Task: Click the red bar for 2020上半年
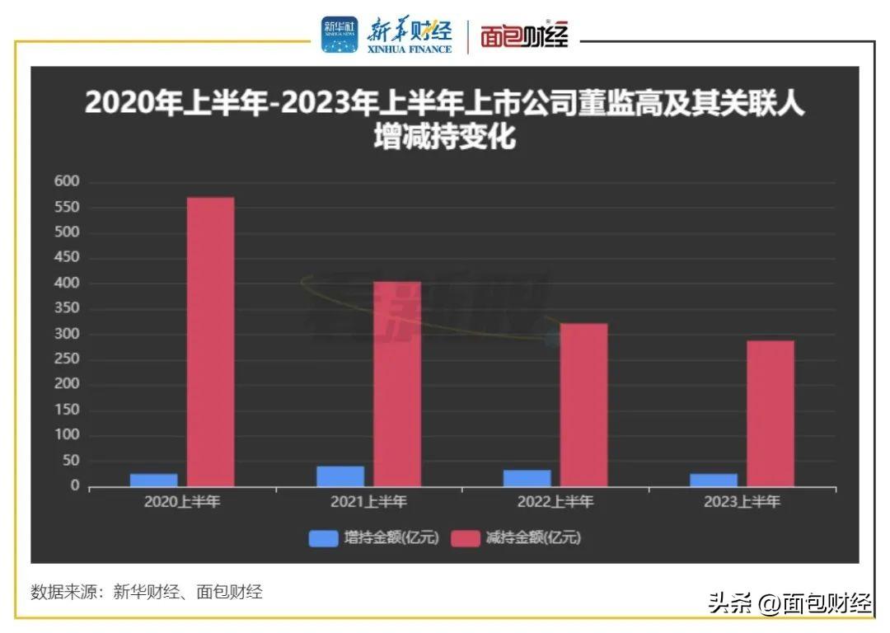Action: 210,341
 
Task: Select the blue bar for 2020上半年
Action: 153,480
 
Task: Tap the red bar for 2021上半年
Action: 397,384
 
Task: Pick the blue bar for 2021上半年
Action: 340,476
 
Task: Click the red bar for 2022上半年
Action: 583,405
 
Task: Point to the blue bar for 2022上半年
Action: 527,478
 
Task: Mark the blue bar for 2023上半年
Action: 714,480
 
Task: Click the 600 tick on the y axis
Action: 68,181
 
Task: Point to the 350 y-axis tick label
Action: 68,308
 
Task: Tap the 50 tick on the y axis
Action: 72,461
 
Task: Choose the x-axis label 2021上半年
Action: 368,501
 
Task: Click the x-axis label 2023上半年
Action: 742,501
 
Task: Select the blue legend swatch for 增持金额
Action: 323,538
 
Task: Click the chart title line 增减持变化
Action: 444,137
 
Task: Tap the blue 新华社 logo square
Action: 340,35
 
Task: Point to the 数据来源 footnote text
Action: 147,591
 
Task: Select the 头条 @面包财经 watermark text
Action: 789,604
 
